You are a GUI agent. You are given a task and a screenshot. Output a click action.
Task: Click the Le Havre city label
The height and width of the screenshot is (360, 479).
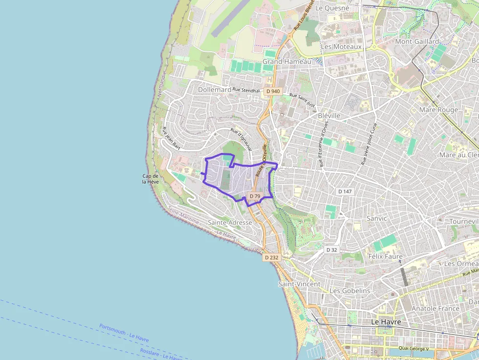(x=386, y=322)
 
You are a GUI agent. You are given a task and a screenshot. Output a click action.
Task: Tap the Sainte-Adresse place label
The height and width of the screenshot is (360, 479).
(x=230, y=222)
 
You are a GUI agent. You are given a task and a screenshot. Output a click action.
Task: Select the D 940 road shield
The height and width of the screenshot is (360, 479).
(x=273, y=91)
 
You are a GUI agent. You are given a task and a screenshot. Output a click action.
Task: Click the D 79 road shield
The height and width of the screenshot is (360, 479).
(x=255, y=196)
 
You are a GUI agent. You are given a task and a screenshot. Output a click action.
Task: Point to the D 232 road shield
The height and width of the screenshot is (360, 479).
(x=271, y=257)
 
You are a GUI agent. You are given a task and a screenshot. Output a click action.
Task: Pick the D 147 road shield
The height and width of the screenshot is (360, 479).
(x=345, y=191)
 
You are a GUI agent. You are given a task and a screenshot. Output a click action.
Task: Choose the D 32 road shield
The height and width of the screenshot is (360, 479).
(x=332, y=250)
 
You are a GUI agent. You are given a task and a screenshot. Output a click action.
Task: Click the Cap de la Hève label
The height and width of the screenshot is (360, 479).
(x=150, y=179)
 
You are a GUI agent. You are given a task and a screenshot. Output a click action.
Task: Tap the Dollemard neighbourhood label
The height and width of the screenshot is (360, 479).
(x=215, y=90)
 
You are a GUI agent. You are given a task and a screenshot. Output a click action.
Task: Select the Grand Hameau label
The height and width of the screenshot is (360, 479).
(x=286, y=62)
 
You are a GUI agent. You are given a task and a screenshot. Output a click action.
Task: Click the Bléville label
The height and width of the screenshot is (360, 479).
(x=329, y=116)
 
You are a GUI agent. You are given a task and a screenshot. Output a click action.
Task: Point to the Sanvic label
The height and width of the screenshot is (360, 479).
(x=376, y=218)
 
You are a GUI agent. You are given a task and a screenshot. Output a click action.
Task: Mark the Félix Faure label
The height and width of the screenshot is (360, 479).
(x=385, y=256)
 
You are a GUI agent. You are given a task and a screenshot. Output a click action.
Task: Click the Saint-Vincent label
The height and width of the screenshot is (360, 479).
(x=299, y=284)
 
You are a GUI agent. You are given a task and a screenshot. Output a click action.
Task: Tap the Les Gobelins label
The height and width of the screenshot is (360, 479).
(x=349, y=291)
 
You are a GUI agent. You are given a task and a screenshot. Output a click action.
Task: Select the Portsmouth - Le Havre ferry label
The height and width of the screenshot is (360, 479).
(x=124, y=333)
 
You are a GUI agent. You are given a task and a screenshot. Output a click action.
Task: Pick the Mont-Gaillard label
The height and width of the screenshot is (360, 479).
(x=417, y=42)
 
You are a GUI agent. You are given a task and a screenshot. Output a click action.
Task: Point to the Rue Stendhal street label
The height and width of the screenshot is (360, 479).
(x=246, y=90)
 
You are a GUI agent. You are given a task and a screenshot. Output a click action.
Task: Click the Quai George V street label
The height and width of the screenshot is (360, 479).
(x=413, y=348)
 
